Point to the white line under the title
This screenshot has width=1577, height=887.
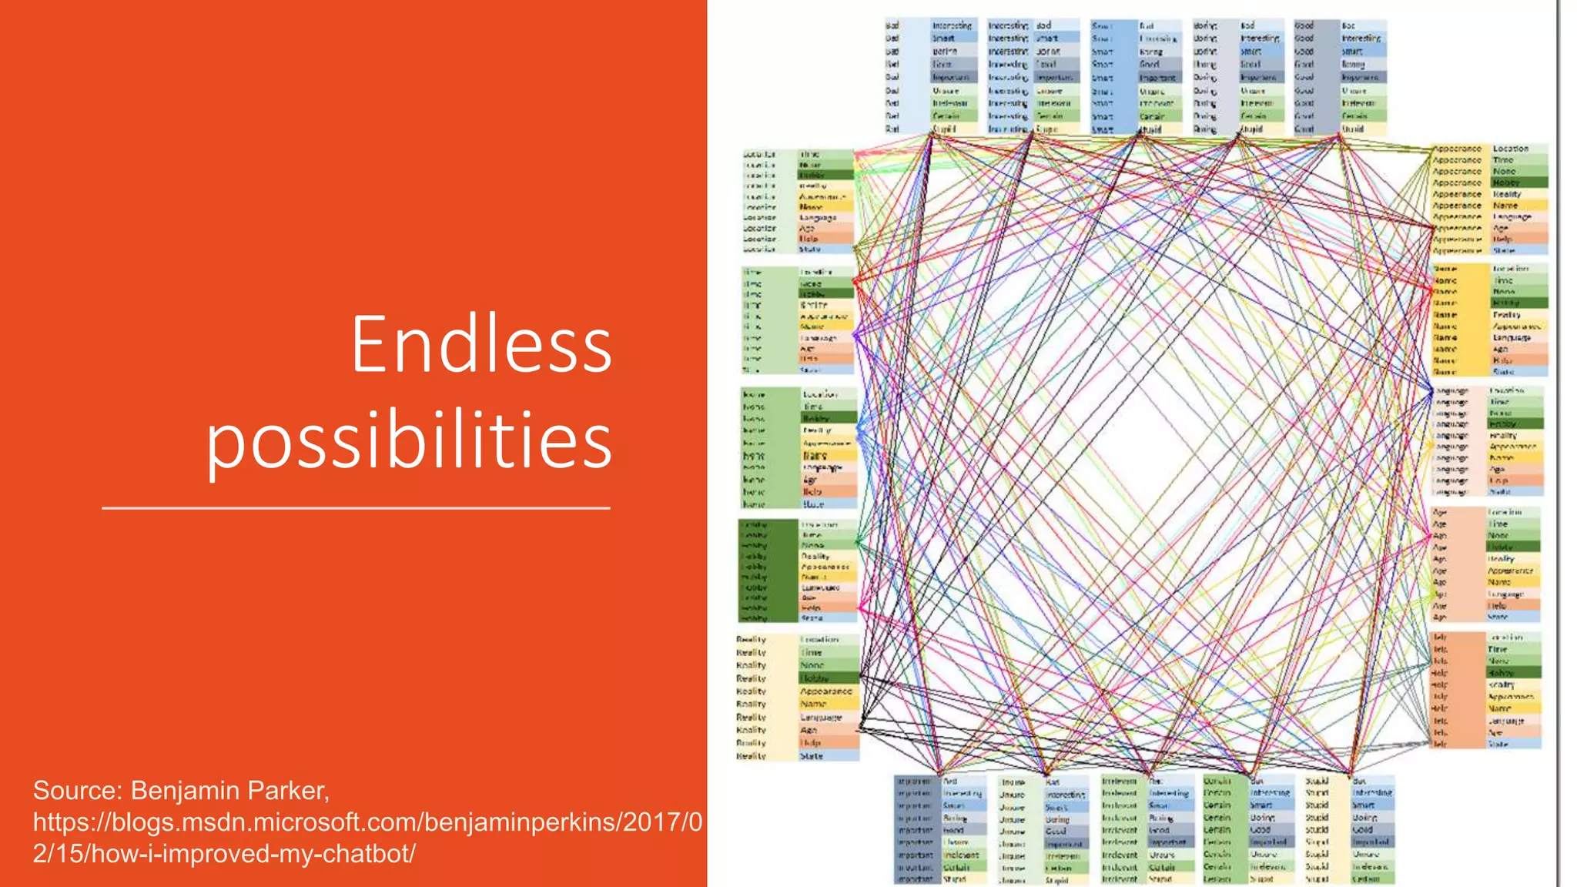356,508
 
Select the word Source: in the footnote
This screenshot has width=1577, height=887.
77,791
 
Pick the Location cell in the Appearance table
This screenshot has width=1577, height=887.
1511,149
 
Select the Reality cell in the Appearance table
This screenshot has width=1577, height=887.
1507,194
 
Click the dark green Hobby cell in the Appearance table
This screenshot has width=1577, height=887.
1507,182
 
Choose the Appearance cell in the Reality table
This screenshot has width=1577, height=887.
825,691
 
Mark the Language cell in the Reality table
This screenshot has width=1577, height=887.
821,717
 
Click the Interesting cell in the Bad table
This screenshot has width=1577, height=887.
953,25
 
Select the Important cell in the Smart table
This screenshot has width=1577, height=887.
1157,78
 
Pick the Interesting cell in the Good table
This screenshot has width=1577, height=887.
1361,38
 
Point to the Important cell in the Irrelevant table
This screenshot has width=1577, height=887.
1167,842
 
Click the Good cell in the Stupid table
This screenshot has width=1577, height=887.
1363,830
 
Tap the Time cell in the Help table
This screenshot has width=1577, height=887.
1498,649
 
